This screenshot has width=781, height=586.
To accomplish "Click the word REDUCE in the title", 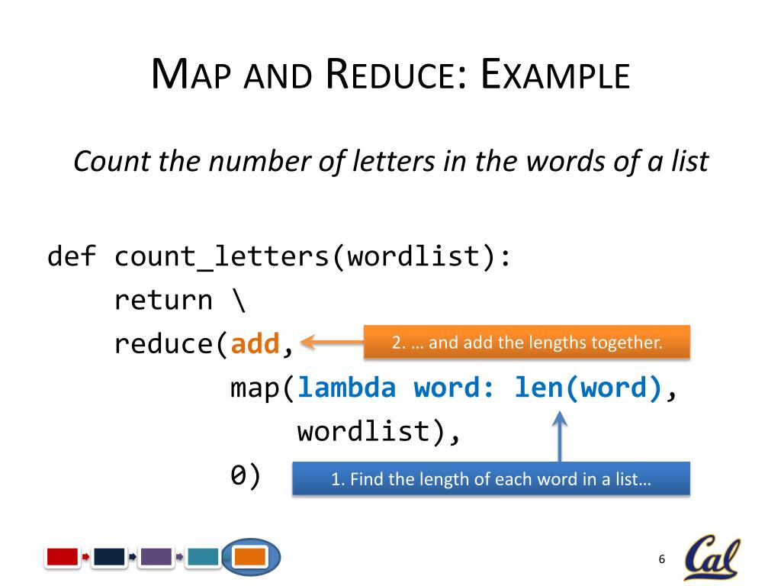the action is (x=390, y=76).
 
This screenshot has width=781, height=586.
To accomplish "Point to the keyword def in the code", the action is (x=72, y=256).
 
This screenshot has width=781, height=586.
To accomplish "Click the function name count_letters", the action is (x=222, y=257).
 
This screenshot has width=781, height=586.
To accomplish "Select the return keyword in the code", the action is (x=163, y=300).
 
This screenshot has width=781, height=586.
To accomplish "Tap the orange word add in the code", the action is (x=256, y=344).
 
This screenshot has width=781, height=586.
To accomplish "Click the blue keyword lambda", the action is (x=347, y=388).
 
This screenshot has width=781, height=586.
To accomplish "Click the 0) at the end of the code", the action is (x=246, y=476).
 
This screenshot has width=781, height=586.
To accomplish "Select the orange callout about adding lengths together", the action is (x=526, y=343).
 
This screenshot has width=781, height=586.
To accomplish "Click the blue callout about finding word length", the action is (x=491, y=479).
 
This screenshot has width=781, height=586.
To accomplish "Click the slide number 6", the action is (x=662, y=560).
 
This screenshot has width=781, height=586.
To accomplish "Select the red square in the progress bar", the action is (x=63, y=557).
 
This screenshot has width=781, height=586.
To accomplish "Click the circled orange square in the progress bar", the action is (x=250, y=557).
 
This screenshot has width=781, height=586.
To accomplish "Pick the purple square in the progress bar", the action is (x=156, y=557).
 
